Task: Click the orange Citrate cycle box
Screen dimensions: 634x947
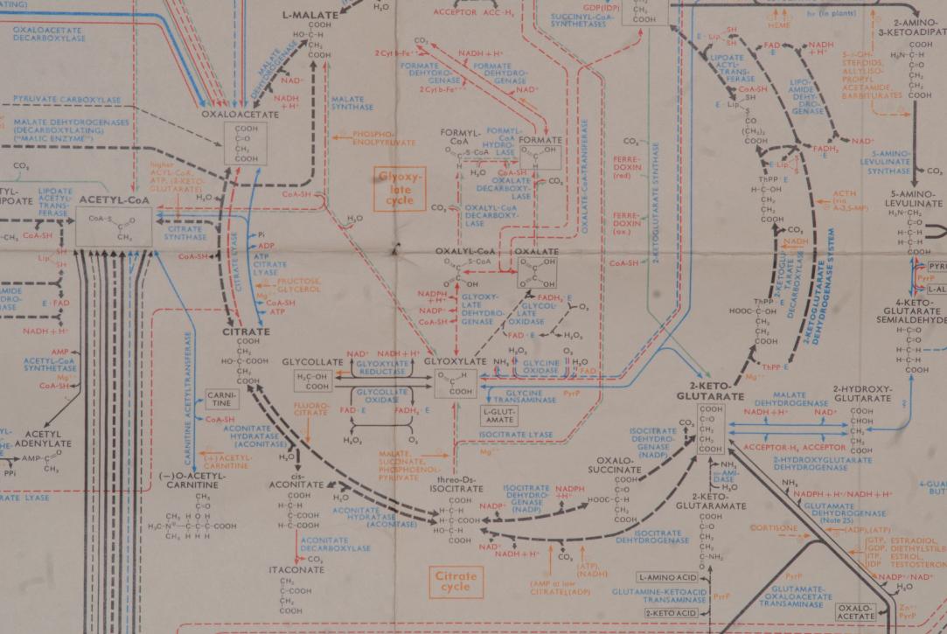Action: (456, 582)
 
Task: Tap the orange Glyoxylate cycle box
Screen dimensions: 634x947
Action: (399, 189)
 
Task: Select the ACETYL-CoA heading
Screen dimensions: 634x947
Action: (115, 200)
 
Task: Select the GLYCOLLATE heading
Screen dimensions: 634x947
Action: (310, 362)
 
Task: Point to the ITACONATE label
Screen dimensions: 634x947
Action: (296, 569)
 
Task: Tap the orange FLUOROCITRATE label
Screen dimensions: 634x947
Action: (312, 408)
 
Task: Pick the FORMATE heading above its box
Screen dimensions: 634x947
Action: (540, 140)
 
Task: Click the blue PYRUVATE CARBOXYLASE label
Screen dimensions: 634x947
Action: (66, 100)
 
